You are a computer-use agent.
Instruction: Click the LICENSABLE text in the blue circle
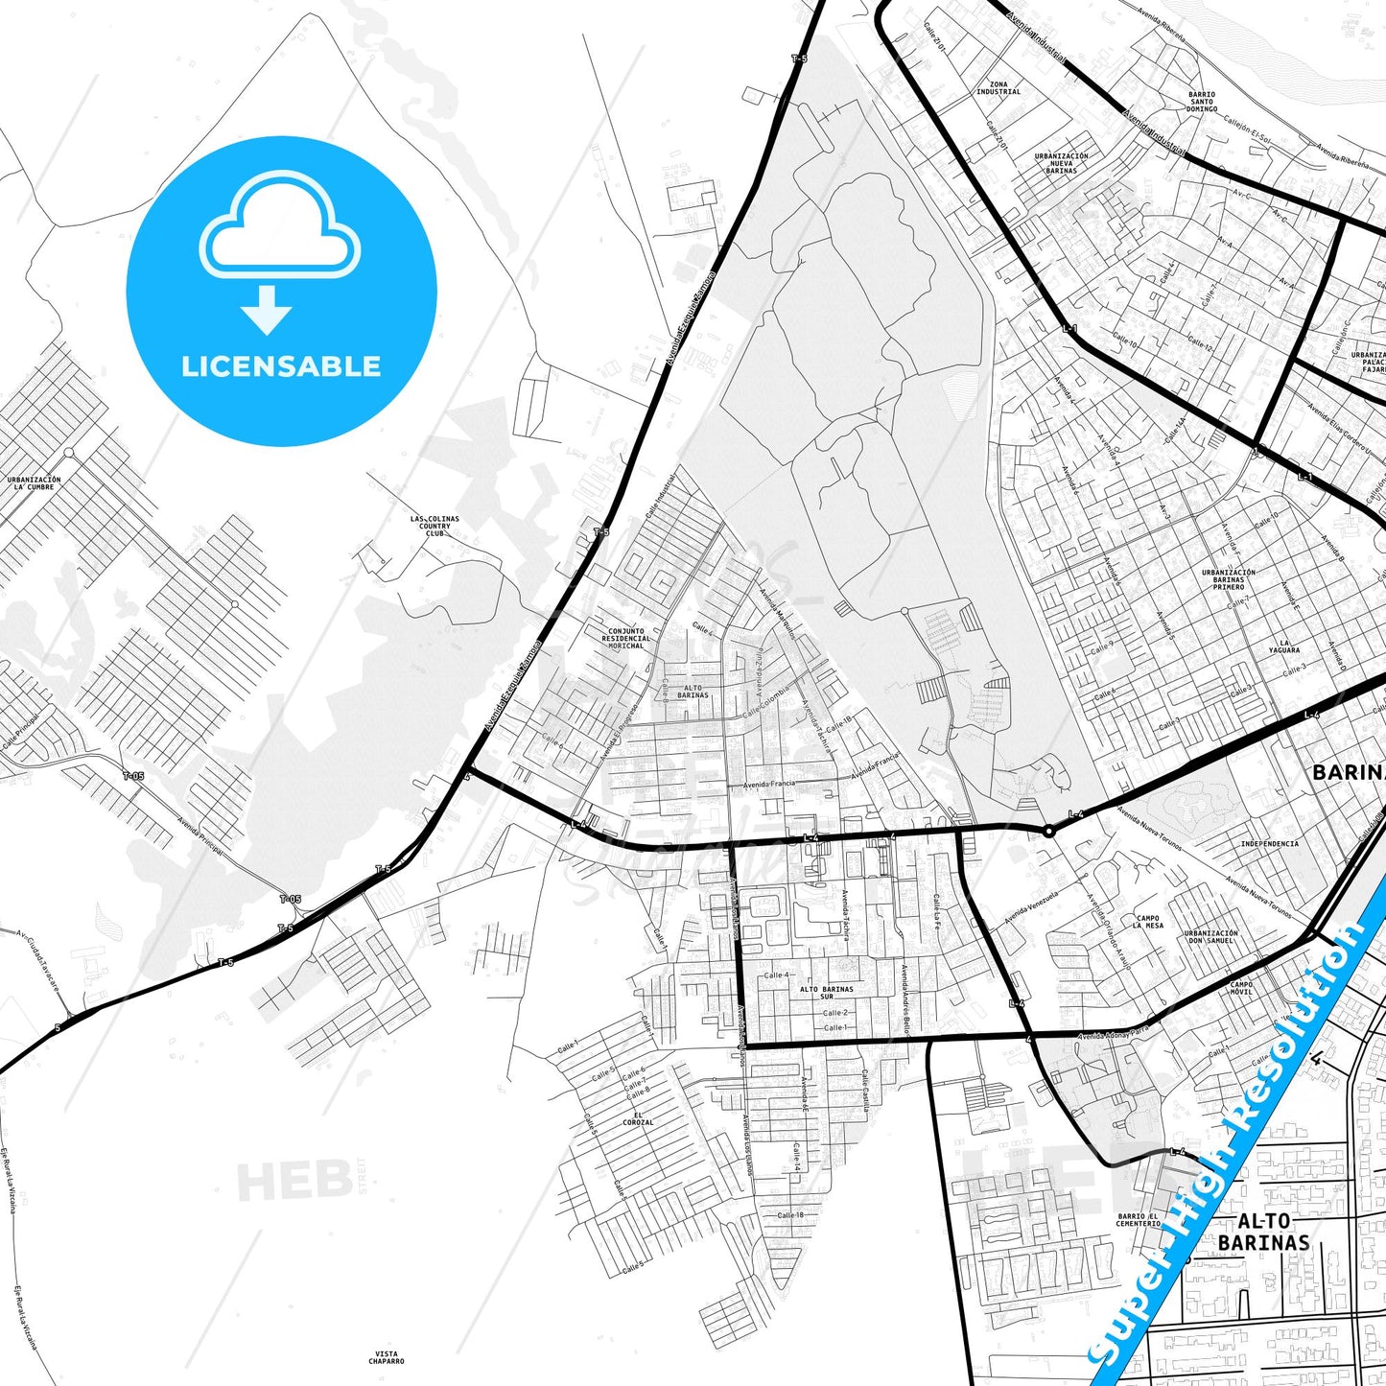pyautogui.click(x=281, y=366)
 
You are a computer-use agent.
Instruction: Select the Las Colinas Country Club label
pyautogui.click(x=435, y=526)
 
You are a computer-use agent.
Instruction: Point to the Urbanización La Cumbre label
pyautogui.click(x=34, y=483)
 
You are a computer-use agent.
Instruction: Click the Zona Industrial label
pyautogui.click(x=998, y=88)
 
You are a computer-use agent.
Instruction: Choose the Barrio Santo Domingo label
pyautogui.click(x=1202, y=102)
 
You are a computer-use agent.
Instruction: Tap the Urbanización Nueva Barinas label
pyautogui.click(x=1062, y=163)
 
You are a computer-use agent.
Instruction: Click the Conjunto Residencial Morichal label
pyautogui.click(x=625, y=639)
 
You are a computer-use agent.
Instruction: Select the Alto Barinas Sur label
pyautogui.click(x=827, y=993)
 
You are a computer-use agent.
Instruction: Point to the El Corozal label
pyautogui.click(x=638, y=1118)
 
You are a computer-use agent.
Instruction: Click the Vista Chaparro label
pyautogui.click(x=386, y=1357)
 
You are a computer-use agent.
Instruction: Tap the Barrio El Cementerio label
pyautogui.click(x=1139, y=1219)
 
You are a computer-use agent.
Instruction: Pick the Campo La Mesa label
pyautogui.click(x=1148, y=922)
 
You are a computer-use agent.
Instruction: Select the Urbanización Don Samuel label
pyautogui.click(x=1210, y=936)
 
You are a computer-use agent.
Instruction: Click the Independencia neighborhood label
pyautogui.click(x=1270, y=844)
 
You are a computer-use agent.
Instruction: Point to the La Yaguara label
pyautogui.click(x=1284, y=646)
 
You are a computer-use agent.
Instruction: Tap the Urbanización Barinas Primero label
pyautogui.click(x=1229, y=579)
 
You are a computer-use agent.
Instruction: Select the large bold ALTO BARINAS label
pyautogui.click(x=1263, y=1232)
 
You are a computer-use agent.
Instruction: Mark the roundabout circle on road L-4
pyautogui.click(x=1049, y=831)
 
